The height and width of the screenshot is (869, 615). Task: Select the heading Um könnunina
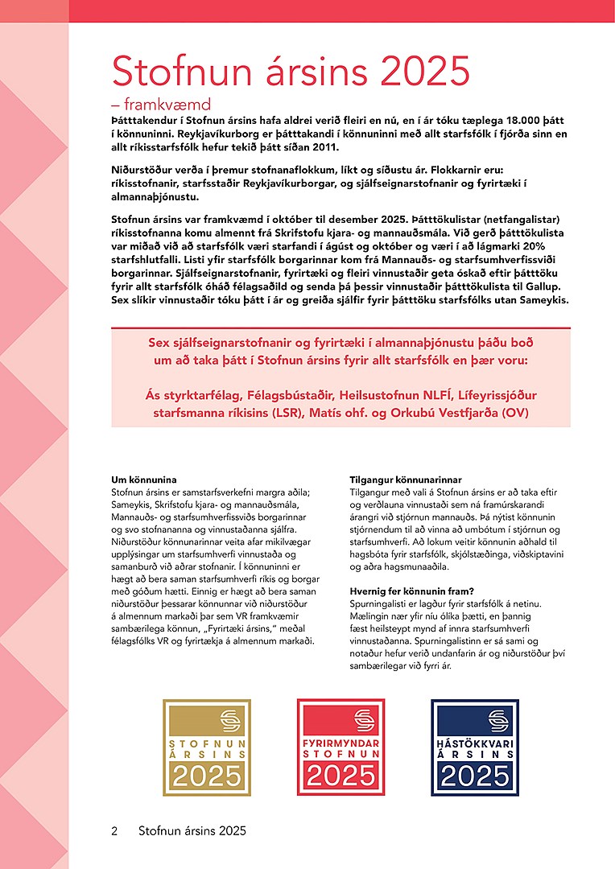click(143, 480)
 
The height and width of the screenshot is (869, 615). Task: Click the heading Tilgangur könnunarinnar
click(406, 480)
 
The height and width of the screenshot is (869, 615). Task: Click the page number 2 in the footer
click(114, 830)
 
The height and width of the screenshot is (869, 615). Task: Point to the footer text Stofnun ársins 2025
click(192, 830)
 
